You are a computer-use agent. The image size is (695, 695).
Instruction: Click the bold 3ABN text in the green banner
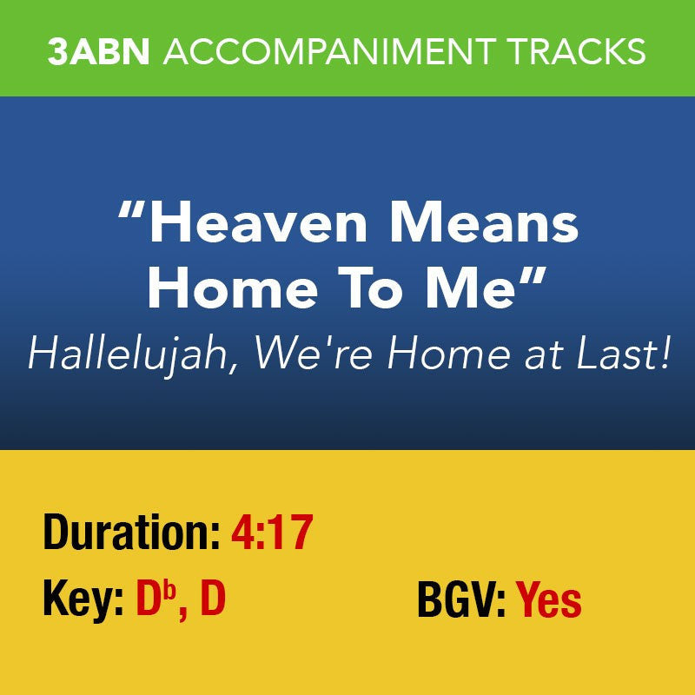(99, 52)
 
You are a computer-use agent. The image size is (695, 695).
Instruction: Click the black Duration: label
(131, 533)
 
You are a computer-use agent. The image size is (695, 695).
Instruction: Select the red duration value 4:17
(271, 533)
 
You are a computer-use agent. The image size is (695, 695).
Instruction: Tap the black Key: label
(83, 600)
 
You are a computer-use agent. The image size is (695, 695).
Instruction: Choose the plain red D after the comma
(213, 600)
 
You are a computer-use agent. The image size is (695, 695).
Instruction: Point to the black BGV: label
(461, 600)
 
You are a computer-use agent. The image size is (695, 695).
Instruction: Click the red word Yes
(549, 600)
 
